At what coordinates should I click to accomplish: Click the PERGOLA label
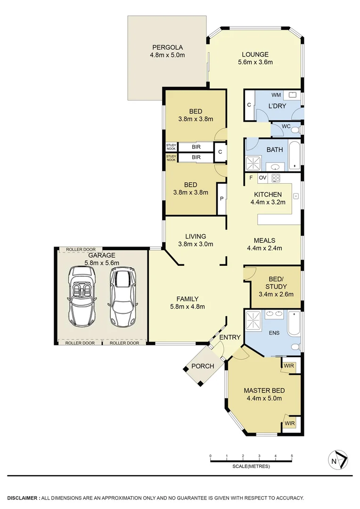point(167,47)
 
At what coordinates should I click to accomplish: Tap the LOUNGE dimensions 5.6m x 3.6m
point(255,62)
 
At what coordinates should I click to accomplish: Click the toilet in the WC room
point(295,129)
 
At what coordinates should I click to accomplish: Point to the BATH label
point(275,150)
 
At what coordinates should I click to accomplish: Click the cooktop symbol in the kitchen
point(276,178)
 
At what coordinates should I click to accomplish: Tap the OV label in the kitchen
point(262,178)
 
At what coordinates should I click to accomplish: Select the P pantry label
point(221,199)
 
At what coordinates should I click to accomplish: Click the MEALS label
point(264,240)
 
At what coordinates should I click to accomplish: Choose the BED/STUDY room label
point(276,282)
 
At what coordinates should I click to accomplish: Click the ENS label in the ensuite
point(274,333)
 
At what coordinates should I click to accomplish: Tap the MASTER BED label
point(264,390)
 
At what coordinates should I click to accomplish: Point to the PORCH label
point(203,366)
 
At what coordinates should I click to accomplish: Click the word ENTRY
point(230,337)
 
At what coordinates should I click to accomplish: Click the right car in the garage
point(122,296)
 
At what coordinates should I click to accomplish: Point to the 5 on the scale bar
point(292,456)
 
